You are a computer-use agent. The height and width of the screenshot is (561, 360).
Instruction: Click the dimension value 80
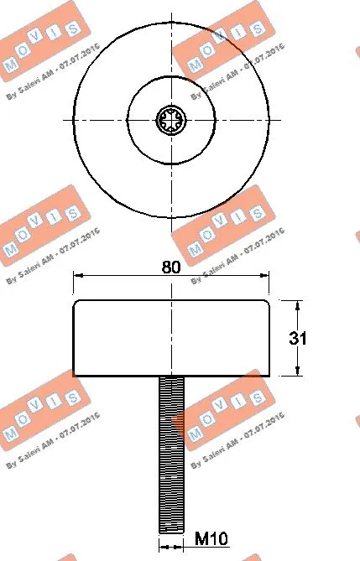pyautogui.click(x=171, y=268)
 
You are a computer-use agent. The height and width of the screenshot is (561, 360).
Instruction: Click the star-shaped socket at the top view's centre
pyautogui.click(x=171, y=119)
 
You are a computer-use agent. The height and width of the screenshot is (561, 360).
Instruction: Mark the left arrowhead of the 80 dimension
pyautogui.click(x=76, y=274)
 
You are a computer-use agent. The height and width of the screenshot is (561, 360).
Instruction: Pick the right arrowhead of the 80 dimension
pyautogui.click(x=267, y=274)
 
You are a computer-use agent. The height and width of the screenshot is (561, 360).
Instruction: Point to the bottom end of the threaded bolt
pyautogui.click(x=171, y=529)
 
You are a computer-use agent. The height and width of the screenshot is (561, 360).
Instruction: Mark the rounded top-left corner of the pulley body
pyautogui.click(x=76, y=303)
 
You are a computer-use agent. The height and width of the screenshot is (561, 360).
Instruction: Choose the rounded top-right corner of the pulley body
pyautogui.click(x=267, y=303)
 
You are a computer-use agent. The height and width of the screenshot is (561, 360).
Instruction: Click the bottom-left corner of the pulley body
pyautogui.click(x=75, y=375)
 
